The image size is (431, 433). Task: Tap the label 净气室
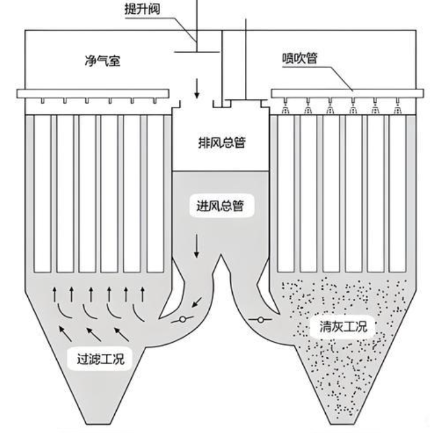click(x=100, y=60)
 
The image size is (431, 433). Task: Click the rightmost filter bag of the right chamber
click(x=398, y=194)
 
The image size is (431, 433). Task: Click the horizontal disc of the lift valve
click(x=197, y=53)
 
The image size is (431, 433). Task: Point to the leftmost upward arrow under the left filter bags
click(x=56, y=295)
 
